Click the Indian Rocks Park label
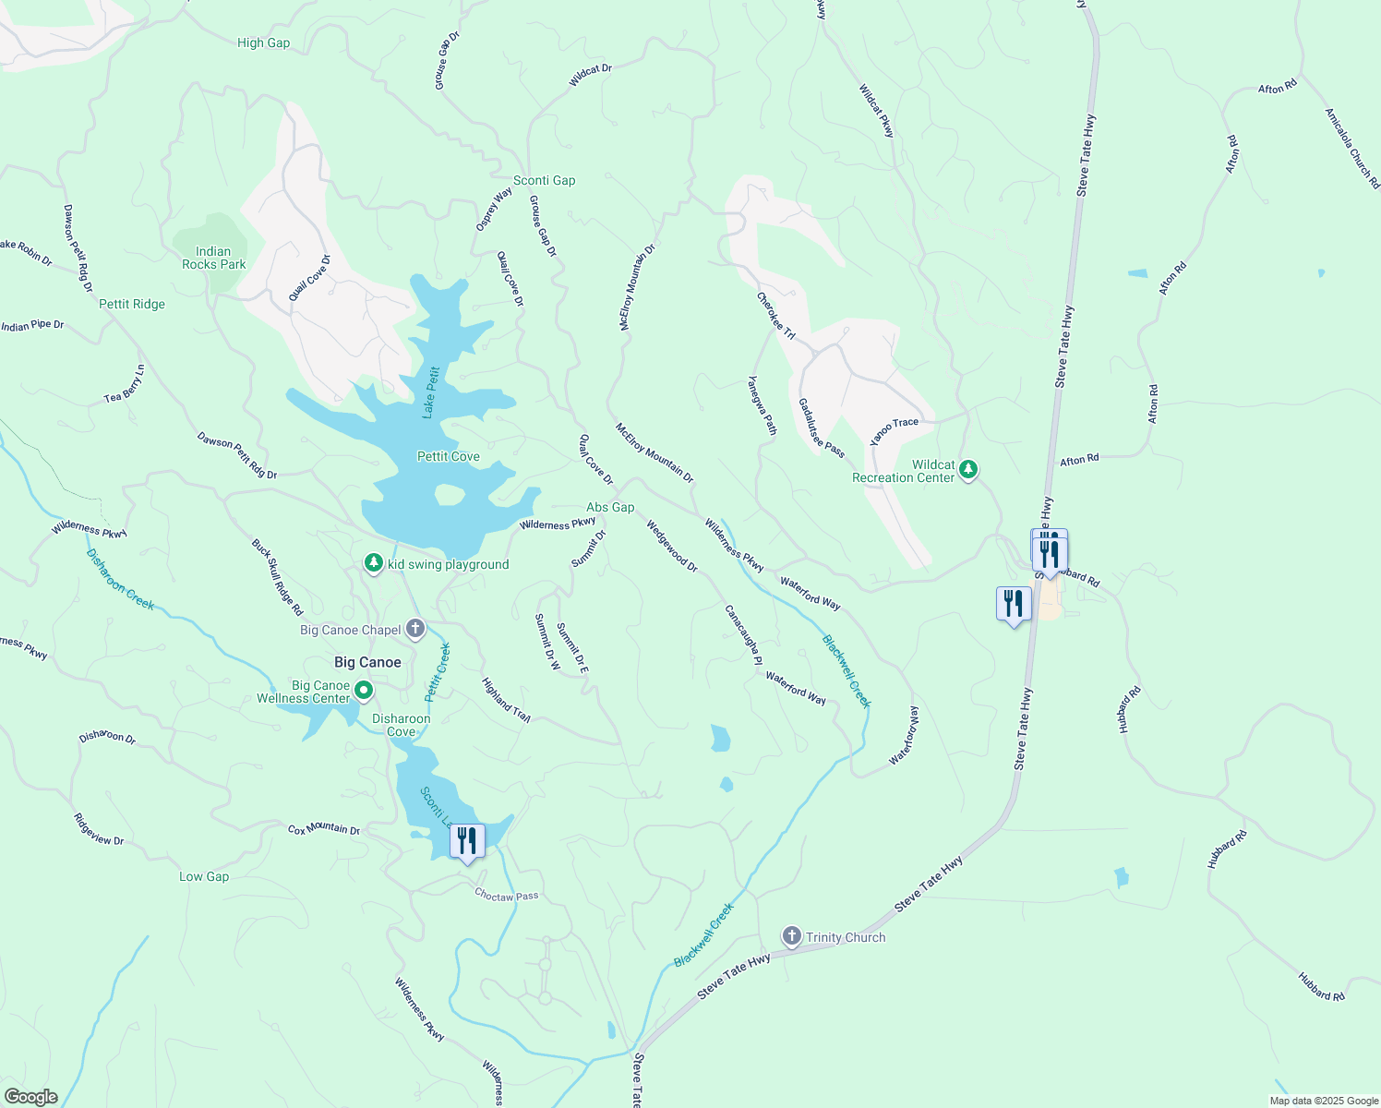[x=213, y=258]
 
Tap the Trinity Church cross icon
[x=791, y=936]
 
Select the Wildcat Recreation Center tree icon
[x=968, y=470]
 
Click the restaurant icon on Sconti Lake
[x=467, y=841]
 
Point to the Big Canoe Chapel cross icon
[x=415, y=630]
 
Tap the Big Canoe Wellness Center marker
[x=364, y=691]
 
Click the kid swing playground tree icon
[x=373, y=563]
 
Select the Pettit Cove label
[x=448, y=456]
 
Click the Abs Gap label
[x=610, y=507]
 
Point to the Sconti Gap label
[x=544, y=180]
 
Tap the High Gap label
[x=263, y=42]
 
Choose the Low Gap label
[x=204, y=876]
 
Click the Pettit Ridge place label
[x=132, y=304]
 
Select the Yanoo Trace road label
[x=895, y=429]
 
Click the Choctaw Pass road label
[x=506, y=896]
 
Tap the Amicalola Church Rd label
[x=1351, y=149]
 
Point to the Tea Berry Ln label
[x=125, y=384]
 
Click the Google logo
[x=30, y=1097]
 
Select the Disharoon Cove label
[x=401, y=725]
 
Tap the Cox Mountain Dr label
[x=323, y=829]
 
